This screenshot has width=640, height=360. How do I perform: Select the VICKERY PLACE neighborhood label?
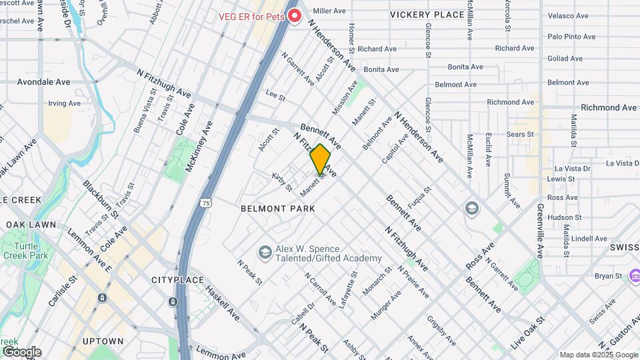point(427,15)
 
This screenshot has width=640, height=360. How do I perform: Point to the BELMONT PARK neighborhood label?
point(277,209)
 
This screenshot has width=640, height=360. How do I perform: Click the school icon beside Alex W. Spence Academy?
point(265,252)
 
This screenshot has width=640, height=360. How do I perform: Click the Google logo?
point(21,351)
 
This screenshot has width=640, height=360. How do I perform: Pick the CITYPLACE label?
point(176,280)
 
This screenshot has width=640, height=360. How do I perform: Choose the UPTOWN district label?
point(103,341)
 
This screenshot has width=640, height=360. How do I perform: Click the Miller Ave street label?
point(329,11)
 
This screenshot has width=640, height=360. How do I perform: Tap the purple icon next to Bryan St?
point(635,275)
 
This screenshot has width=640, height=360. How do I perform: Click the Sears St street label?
point(521,134)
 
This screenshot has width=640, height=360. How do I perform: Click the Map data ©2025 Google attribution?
point(598,355)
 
